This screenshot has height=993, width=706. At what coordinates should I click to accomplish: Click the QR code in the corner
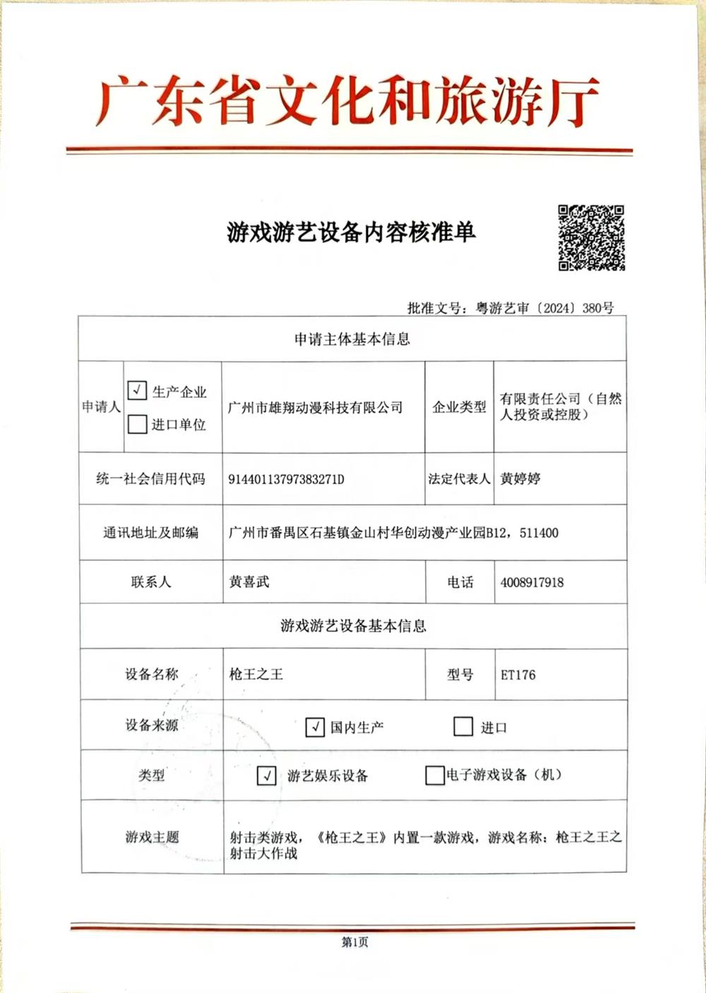click(x=591, y=238)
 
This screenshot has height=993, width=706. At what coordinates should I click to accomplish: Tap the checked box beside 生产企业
click(x=137, y=391)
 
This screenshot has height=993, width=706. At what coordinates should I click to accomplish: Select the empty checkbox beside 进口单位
click(x=137, y=424)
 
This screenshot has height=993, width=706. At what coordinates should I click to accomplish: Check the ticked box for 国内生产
click(x=315, y=727)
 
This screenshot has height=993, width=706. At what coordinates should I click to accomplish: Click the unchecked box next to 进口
click(x=463, y=727)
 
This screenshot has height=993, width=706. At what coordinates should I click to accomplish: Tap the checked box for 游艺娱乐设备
click(x=266, y=775)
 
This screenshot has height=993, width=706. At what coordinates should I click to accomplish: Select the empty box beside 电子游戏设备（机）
click(x=434, y=775)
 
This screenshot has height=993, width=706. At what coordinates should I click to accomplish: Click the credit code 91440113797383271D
click(x=286, y=480)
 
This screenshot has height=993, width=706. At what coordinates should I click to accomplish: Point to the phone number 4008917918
click(x=532, y=583)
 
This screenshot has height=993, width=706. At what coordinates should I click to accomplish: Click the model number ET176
click(x=518, y=675)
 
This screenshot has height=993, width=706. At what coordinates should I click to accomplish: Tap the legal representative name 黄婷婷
click(x=520, y=479)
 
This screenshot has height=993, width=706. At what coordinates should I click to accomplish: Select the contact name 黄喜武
click(x=249, y=582)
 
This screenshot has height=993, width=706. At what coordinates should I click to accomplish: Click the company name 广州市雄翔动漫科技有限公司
click(x=315, y=408)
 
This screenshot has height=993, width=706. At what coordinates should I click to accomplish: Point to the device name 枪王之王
click(x=256, y=674)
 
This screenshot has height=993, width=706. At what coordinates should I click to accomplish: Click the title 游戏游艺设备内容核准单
click(x=351, y=232)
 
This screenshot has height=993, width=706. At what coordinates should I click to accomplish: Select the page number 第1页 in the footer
click(x=354, y=942)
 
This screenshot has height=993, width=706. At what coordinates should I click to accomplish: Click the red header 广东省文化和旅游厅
click(x=348, y=102)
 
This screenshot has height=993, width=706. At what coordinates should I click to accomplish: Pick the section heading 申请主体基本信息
click(x=352, y=340)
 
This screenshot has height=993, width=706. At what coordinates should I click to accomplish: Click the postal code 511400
click(x=539, y=533)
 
